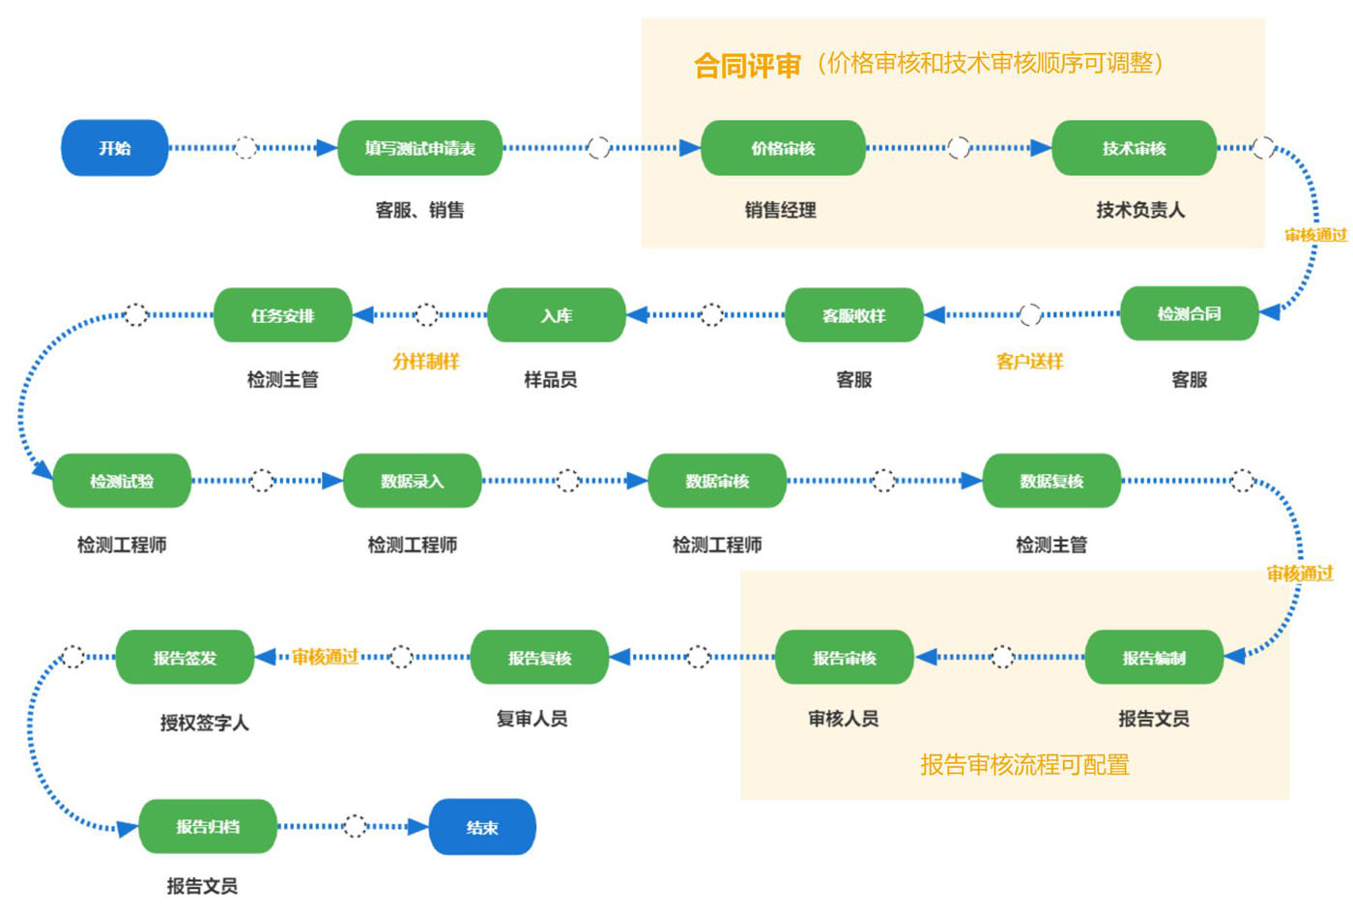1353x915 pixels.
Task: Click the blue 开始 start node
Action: click(115, 148)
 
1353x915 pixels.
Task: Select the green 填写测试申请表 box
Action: click(419, 148)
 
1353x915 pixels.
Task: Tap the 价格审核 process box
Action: click(783, 148)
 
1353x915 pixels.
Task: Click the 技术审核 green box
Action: click(1134, 148)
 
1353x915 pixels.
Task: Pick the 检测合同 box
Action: click(1189, 313)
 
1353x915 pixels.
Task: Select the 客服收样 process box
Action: click(853, 315)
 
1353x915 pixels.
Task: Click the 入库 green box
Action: click(556, 315)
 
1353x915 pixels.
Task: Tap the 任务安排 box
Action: click(282, 315)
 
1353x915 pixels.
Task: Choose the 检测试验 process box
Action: click(122, 481)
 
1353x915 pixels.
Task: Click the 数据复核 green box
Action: click(1051, 481)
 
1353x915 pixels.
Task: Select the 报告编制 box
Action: click(1154, 658)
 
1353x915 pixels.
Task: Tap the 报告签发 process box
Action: click(185, 658)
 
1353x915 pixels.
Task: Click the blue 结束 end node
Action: click(482, 827)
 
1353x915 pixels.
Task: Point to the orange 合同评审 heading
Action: click(747, 66)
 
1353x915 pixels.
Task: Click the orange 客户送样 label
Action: click(1029, 362)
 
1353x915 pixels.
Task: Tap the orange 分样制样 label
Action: click(425, 362)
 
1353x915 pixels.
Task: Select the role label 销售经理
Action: click(780, 210)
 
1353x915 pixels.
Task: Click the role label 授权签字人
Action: click(204, 723)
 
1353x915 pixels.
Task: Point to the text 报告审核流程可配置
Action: click(1024, 765)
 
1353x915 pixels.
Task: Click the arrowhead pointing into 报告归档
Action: click(128, 828)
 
